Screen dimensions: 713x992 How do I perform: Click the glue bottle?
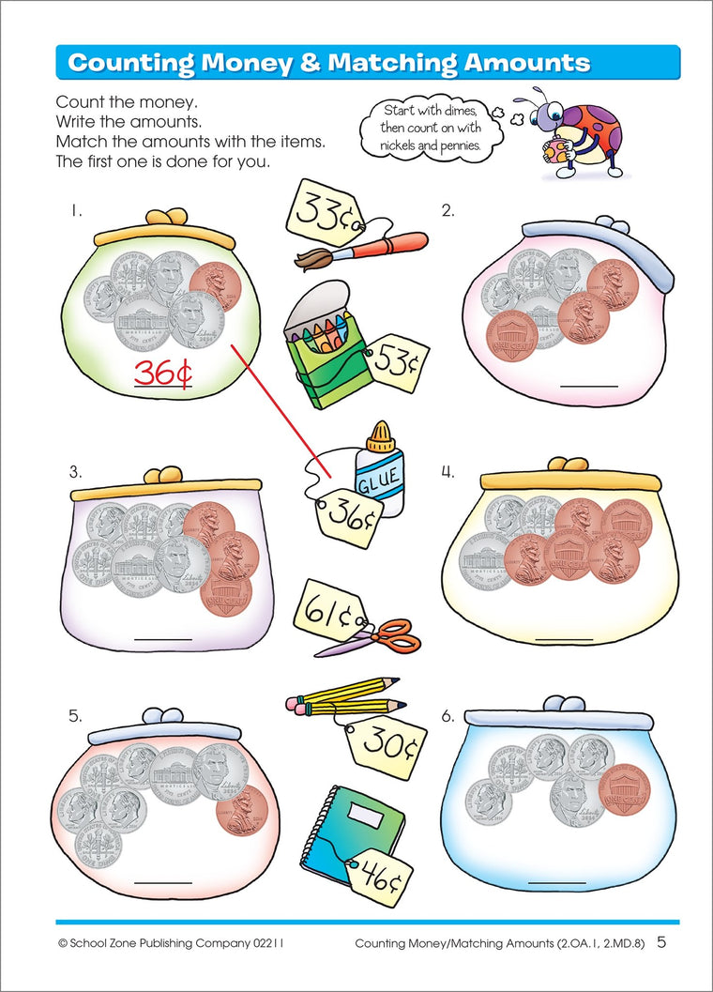pyautogui.click(x=378, y=470)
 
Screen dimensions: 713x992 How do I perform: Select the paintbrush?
pyautogui.click(x=361, y=251)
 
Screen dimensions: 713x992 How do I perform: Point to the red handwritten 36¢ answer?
pyautogui.click(x=162, y=373)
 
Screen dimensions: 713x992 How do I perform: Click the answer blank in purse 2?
pyautogui.click(x=588, y=386)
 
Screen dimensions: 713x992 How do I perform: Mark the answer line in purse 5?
pyautogui.click(x=163, y=882)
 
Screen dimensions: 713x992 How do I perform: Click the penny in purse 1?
pyautogui.click(x=215, y=285)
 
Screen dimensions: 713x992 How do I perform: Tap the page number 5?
pyautogui.click(x=661, y=942)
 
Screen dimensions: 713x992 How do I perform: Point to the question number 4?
pyautogui.click(x=448, y=472)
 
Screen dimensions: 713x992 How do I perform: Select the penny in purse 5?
pyautogui.click(x=242, y=811)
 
